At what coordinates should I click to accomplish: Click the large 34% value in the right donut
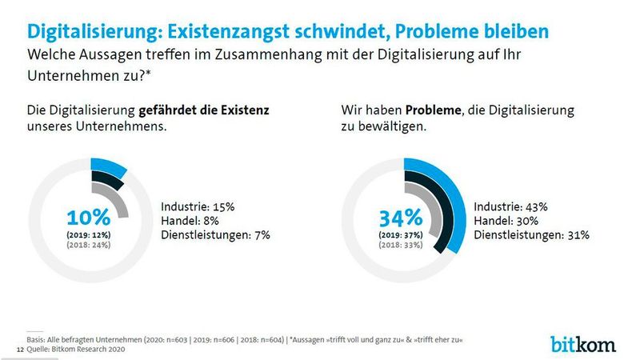coord(400,218)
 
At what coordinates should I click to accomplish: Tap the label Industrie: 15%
coord(198,206)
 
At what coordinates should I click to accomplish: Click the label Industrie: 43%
coord(510,206)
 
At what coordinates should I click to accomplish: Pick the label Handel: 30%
coord(506,220)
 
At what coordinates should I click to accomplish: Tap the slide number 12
coord(20,350)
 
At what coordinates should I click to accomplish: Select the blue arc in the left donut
coord(110,167)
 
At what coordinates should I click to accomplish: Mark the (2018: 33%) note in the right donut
coord(400,245)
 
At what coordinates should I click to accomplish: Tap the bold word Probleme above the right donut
coord(434,110)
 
